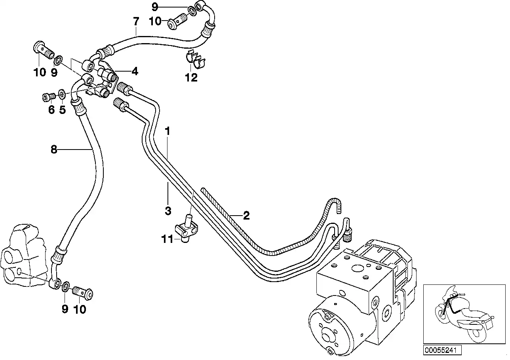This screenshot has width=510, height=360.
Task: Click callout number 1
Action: [x=167, y=131]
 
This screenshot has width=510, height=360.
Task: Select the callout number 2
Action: [x=246, y=216]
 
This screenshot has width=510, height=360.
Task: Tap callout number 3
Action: [x=168, y=210]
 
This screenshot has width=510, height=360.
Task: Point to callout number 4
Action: [x=135, y=72]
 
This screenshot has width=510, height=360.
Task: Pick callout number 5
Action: [x=62, y=110]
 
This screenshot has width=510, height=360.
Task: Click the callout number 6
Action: [x=51, y=110]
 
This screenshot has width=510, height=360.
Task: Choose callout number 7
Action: [x=136, y=21]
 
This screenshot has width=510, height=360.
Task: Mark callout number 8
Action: [x=54, y=150]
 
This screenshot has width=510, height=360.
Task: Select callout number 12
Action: [x=191, y=78]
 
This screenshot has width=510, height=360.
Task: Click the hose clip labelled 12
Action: [x=196, y=60]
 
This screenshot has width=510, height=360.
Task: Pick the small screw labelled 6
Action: [x=48, y=97]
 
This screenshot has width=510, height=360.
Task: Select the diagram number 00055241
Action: [x=436, y=350]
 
